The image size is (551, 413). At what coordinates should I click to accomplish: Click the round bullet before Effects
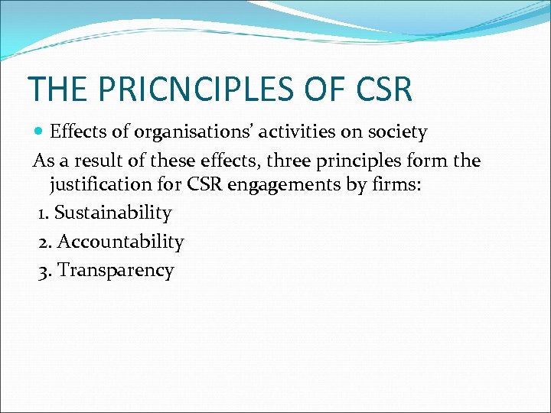pyautogui.click(x=40, y=132)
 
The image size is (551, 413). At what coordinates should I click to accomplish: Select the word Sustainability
pyautogui.click(x=112, y=213)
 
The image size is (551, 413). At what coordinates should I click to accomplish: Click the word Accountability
pyautogui.click(x=120, y=242)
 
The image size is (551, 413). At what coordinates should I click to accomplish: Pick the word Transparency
pyautogui.click(x=116, y=271)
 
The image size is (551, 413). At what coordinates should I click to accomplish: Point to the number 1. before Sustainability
pyautogui.click(x=44, y=213)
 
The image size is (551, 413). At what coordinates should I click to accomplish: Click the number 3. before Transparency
pyautogui.click(x=45, y=271)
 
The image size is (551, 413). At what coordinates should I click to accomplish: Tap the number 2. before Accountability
pyautogui.click(x=45, y=242)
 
